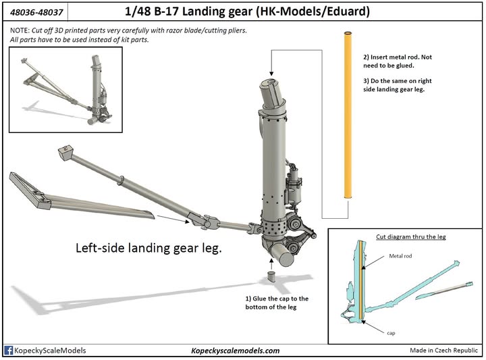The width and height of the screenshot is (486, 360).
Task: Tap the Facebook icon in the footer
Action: [x=9, y=351]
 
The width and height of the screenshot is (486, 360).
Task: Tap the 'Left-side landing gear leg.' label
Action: [x=148, y=248]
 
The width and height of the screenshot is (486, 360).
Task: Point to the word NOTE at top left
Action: [x=20, y=32]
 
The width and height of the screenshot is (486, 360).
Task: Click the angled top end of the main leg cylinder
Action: [x=275, y=90]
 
